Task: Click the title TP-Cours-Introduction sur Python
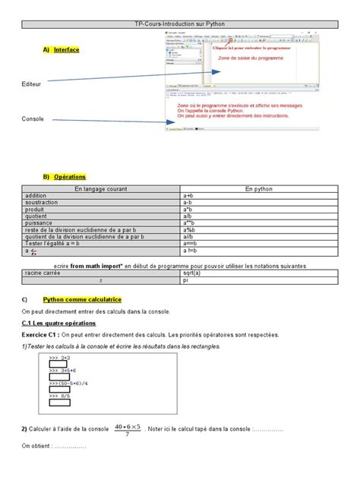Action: click(x=179, y=24)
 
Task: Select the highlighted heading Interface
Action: click(x=66, y=49)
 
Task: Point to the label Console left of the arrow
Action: click(x=33, y=119)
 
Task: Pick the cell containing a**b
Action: click(x=191, y=223)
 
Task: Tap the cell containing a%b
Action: click(x=190, y=229)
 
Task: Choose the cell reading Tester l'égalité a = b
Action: click(x=57, y=243)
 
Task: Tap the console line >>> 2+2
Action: click(x=61, y=357)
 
